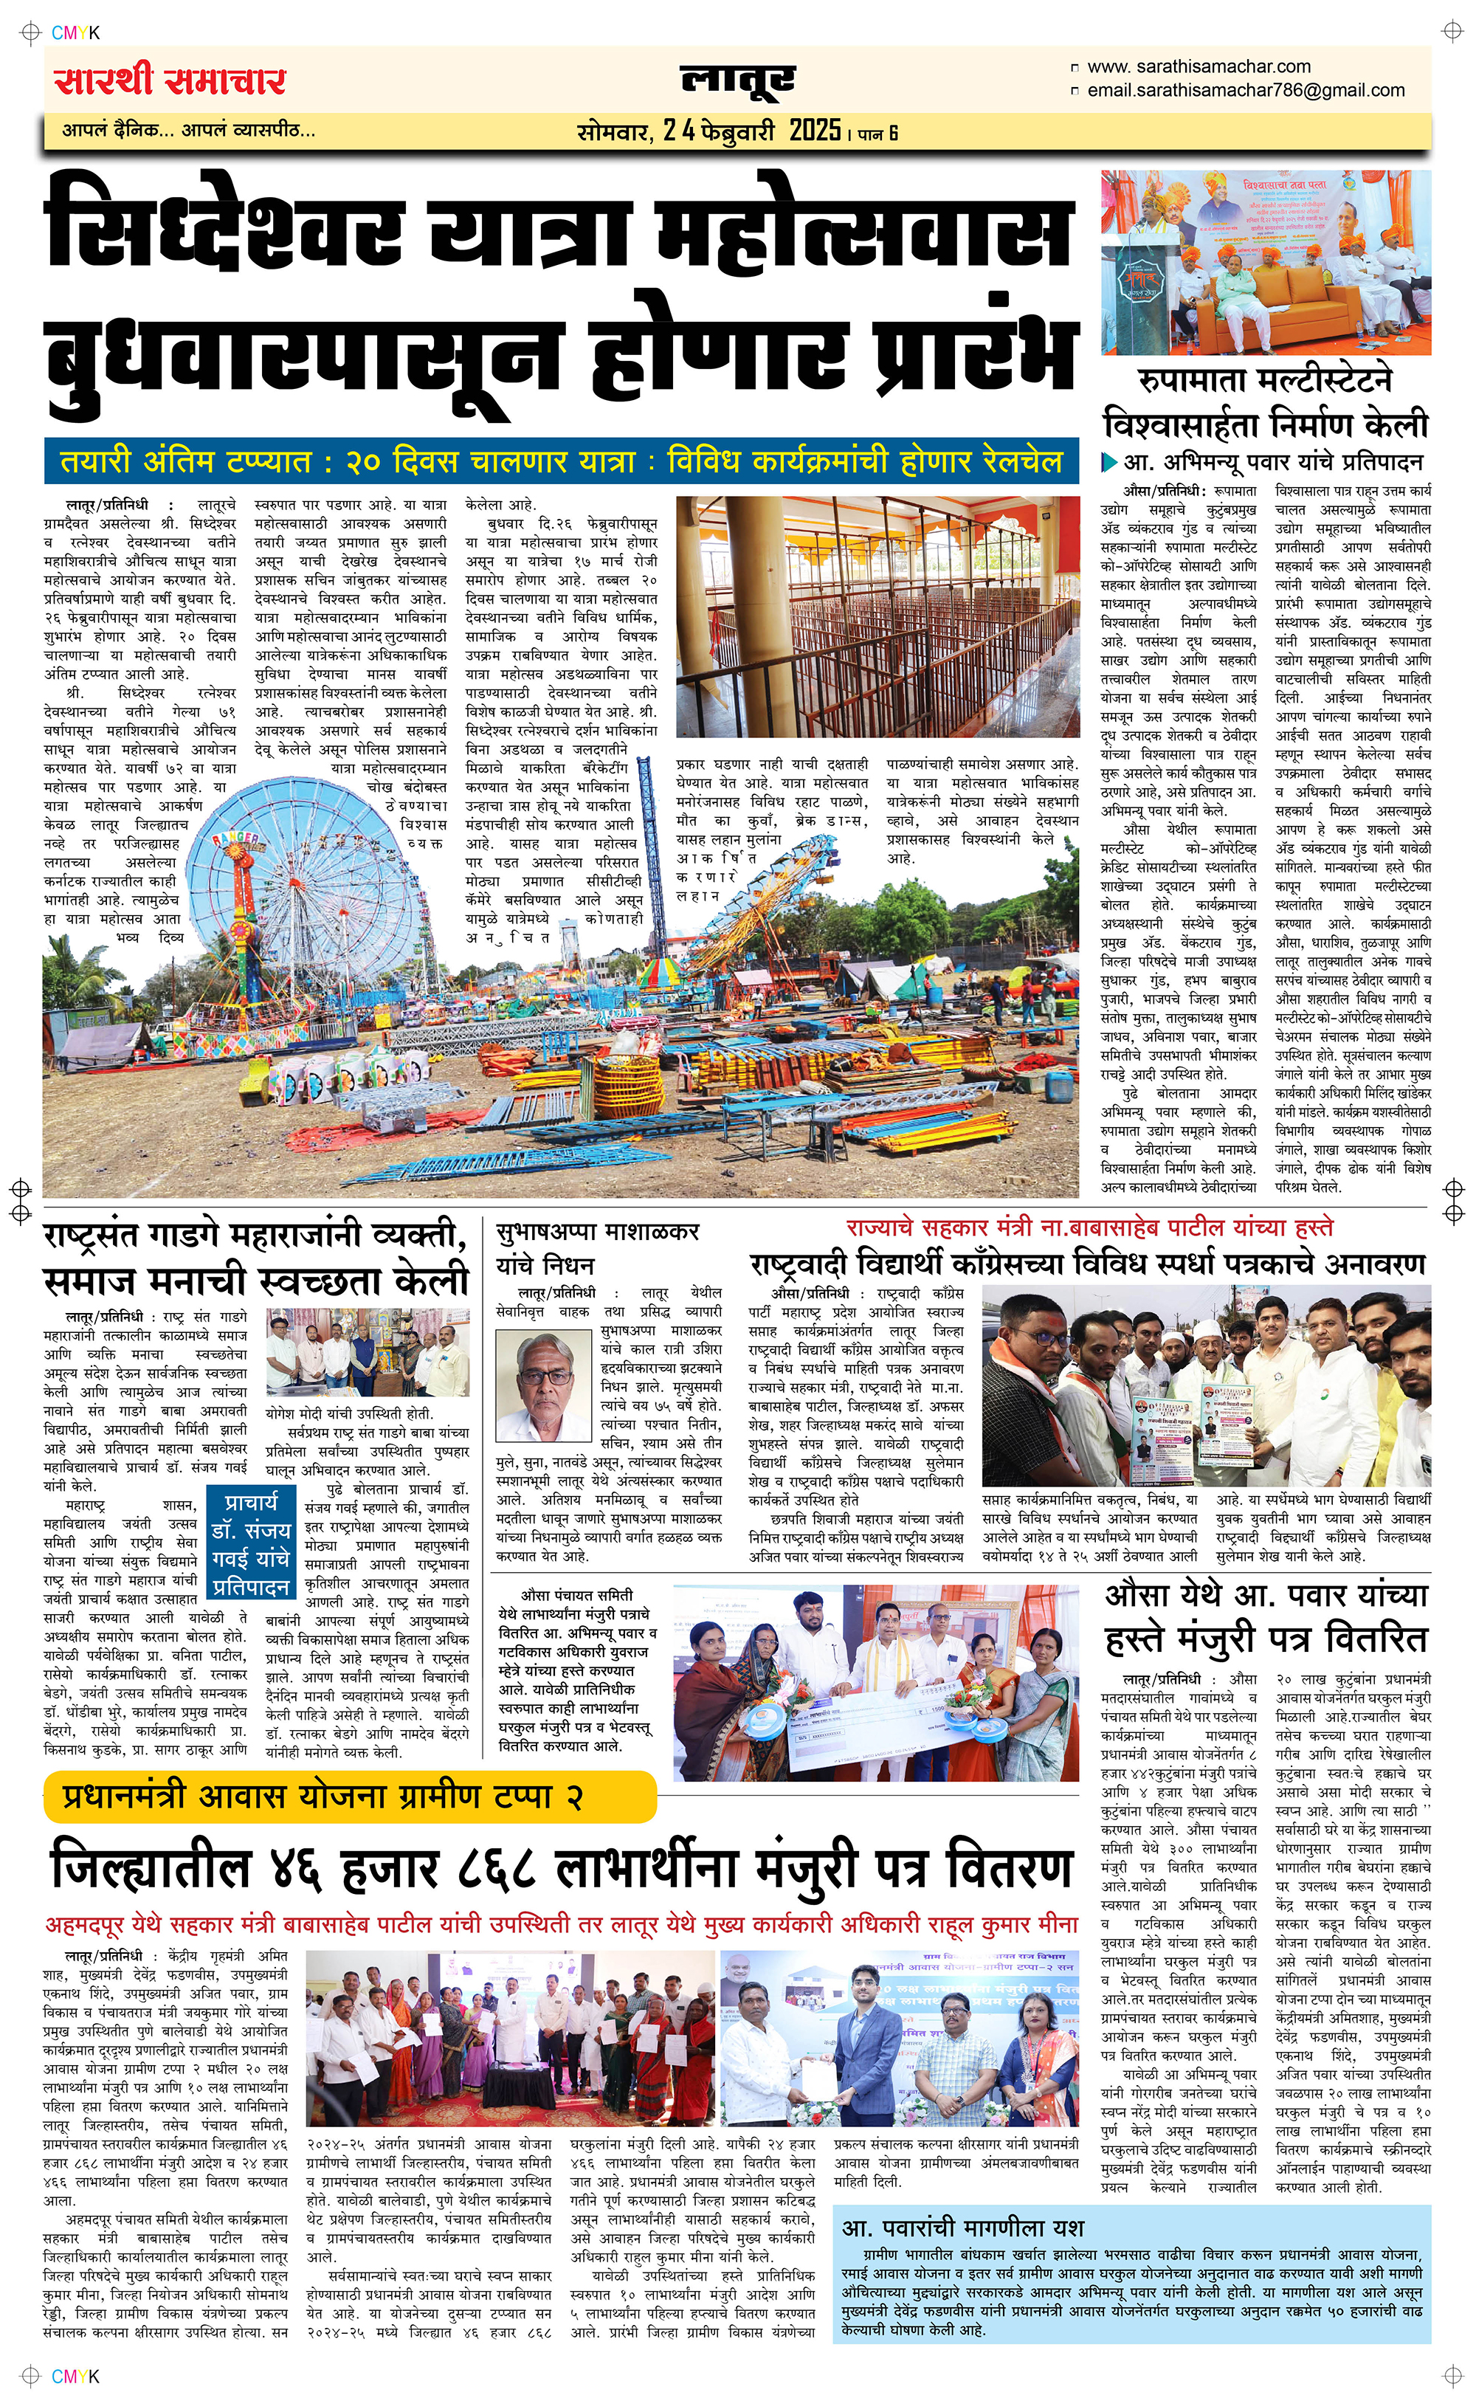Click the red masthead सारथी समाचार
click(170, 80)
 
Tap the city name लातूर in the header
click(737, 80)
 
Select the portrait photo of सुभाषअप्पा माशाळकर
click(545, 1385)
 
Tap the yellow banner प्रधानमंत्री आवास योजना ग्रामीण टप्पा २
click(348, 1796)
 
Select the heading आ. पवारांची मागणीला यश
click(962, 2228)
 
